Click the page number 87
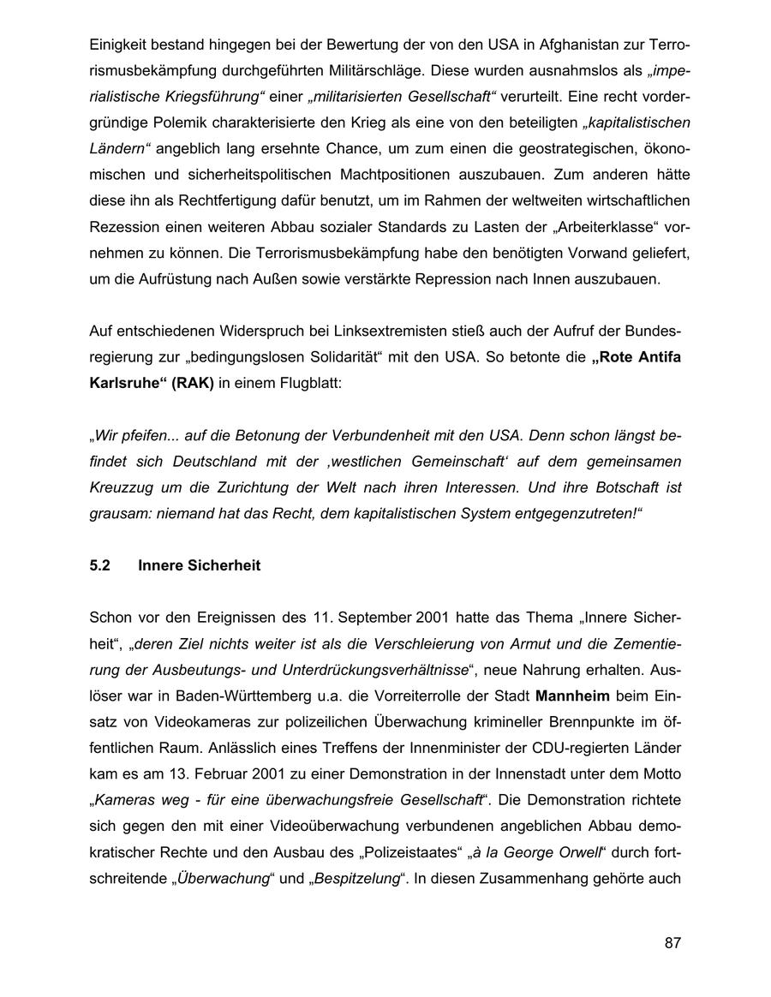coord(672,943)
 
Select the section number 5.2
coord(100,565)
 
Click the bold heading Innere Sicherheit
coord(199,565)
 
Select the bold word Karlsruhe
coord(126,384)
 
